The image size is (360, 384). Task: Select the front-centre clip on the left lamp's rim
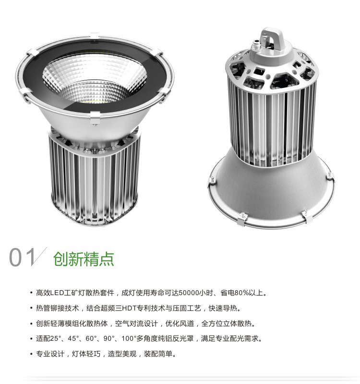95,118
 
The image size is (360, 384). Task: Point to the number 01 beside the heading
22,257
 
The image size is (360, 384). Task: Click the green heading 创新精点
84,259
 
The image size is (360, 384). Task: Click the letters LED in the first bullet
57,293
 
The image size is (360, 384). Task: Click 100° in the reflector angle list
129,338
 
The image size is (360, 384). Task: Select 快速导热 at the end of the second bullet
223,308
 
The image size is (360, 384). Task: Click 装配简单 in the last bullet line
158,354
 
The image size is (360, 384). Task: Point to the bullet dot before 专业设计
31,354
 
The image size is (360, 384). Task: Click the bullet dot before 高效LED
31,293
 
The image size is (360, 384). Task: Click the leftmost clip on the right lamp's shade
212,181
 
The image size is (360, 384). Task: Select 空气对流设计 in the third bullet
136,323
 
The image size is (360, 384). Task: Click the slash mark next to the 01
39,257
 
